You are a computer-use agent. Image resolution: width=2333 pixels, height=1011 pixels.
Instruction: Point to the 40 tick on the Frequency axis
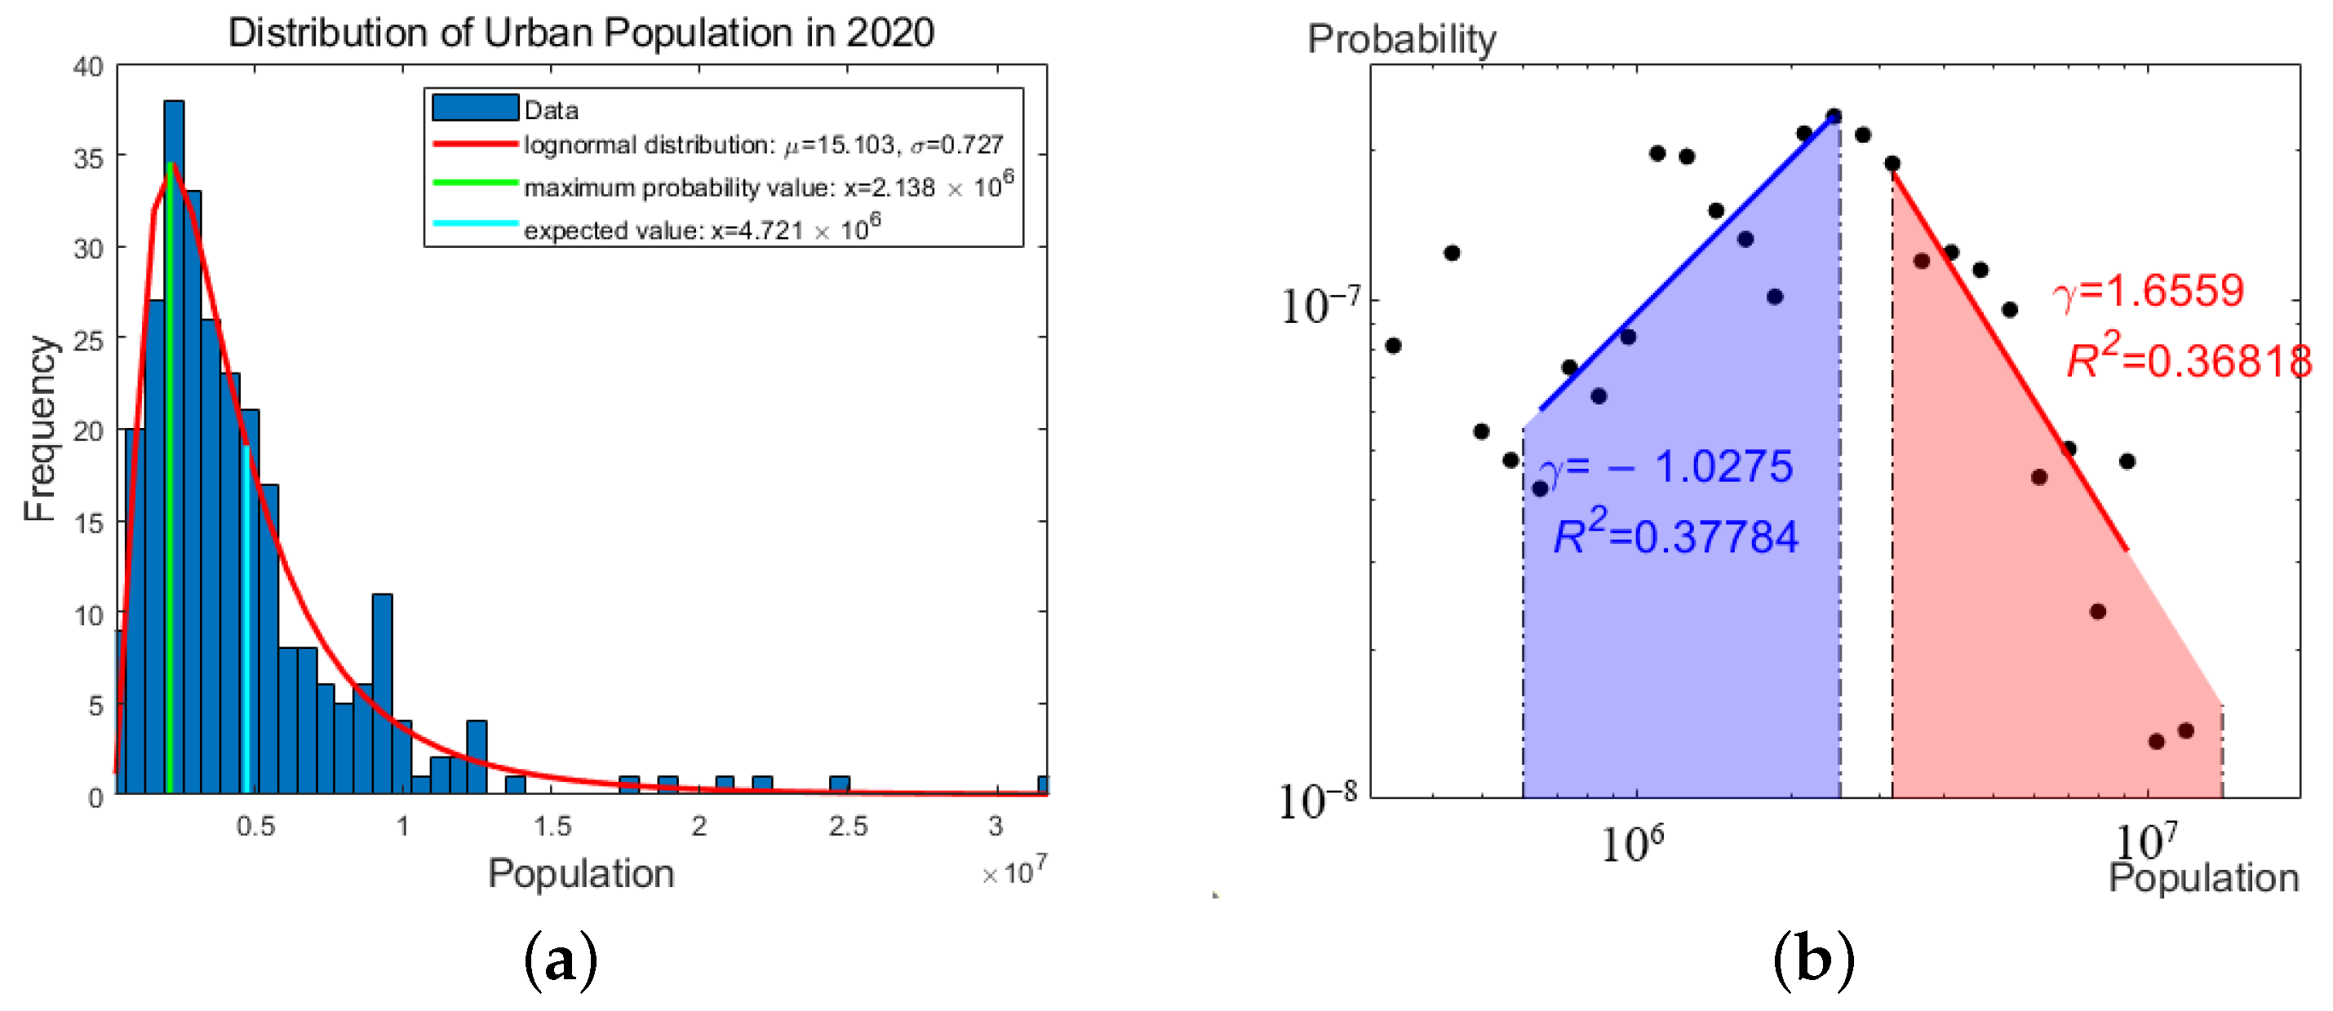pos(89,66)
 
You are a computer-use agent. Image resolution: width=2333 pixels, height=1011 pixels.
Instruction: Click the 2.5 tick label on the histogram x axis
pos(848,825)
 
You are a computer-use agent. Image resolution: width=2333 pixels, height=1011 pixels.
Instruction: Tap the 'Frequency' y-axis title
pos(40,428)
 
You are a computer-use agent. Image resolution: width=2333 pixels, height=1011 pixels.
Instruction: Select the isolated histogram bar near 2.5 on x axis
pos(840,784)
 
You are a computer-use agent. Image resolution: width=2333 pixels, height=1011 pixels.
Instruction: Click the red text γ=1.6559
pos(2149,291)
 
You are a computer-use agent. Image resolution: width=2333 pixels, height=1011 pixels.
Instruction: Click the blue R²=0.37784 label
pos(1674,534)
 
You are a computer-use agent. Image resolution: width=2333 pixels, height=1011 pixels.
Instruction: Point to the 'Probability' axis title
pos(1401,40)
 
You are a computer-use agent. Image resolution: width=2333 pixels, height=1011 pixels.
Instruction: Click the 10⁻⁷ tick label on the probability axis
pos(1319,305)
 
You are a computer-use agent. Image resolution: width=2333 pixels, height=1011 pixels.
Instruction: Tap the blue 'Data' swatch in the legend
pos(476,108)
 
